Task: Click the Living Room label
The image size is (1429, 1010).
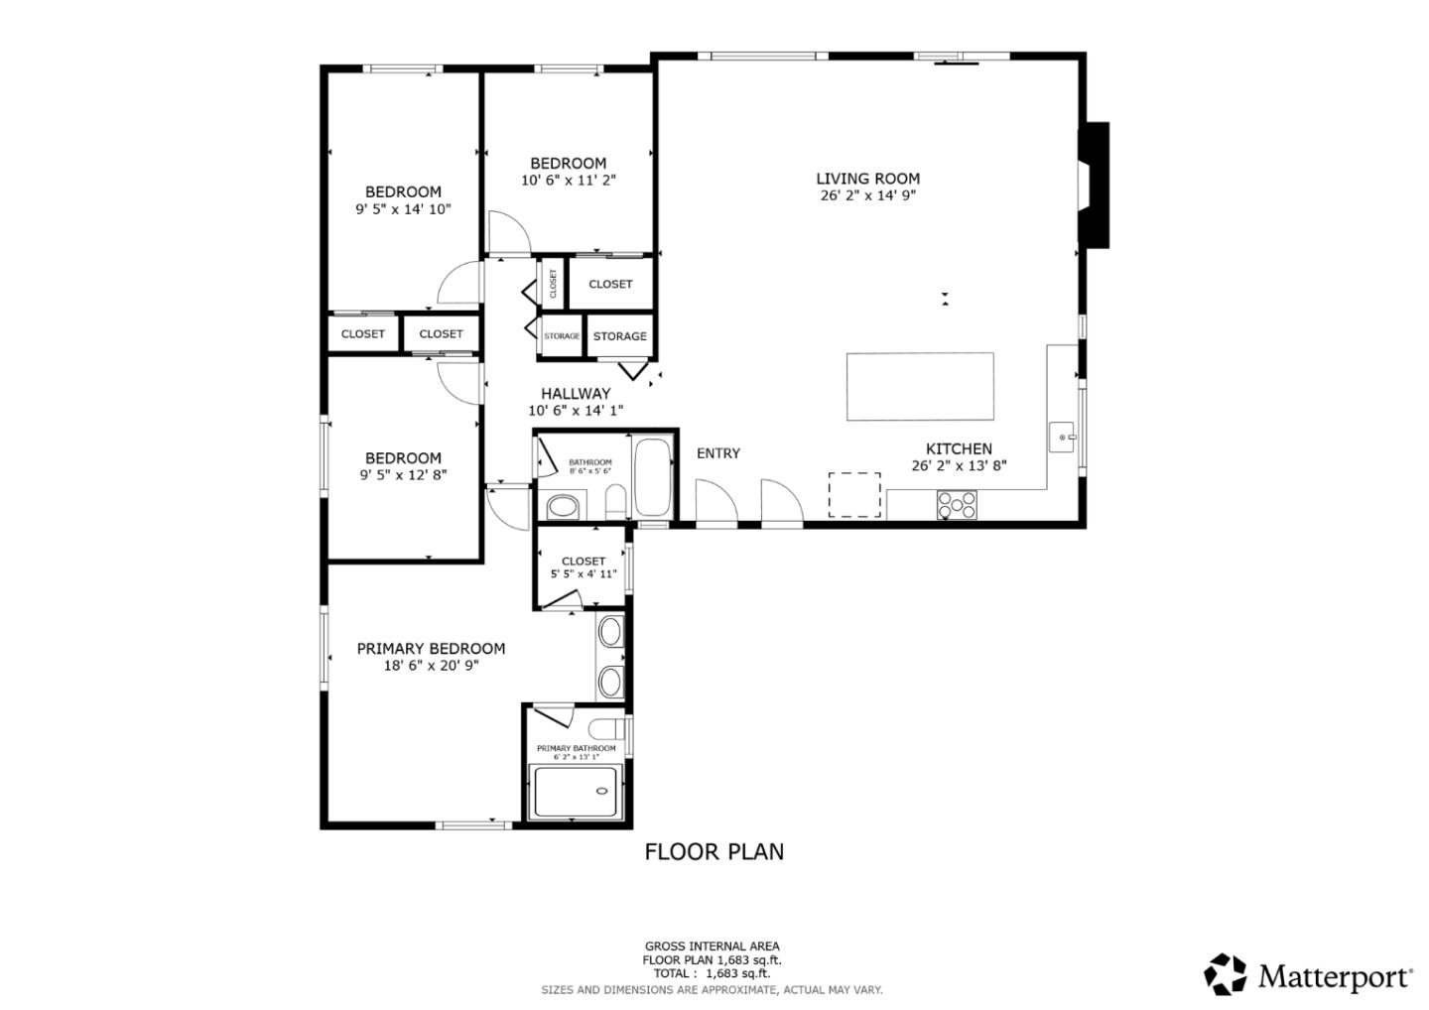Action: pyautogui.click(x=867, y=179)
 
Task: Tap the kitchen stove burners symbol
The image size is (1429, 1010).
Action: pyautogui.click(x=957, y=506)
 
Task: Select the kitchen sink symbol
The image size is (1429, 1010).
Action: pyautogui.click(x=1063, y=437)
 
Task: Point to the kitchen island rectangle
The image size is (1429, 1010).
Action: pyautogui.click(x=919, y=387)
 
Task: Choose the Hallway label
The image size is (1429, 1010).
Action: pyautogui.click(x=576, y=394)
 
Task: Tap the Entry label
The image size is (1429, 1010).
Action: pyautogui.click(x=717, y=453)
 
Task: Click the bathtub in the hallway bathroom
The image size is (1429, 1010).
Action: pyautogui.click(x=652, y=477)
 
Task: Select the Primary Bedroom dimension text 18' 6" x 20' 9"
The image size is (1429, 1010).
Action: pyautogui.click(x=431, y=666)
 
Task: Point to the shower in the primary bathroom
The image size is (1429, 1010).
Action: pyautogui.click(x=577, y=792)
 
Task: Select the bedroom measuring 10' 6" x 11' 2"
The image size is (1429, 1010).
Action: pyautogui.click(x=568, y=172)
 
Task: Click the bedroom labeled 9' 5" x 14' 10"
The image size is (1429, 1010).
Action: pyautogui.click(x=403, y=200)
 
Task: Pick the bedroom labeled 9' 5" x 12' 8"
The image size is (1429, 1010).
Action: pyautogui.click(x=403, y=466)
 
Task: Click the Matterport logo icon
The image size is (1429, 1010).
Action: pyautogui.click(x=1225, y=974)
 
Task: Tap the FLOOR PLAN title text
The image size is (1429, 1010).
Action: pyautogui.click(x=714, y=851)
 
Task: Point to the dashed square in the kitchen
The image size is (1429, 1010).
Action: pyautogui.click(x=854, y=494)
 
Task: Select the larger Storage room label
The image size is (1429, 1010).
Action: pyautogui.click(x=619, y=336)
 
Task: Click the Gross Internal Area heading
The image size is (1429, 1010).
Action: pyautogui.click(x=712, y=947)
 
